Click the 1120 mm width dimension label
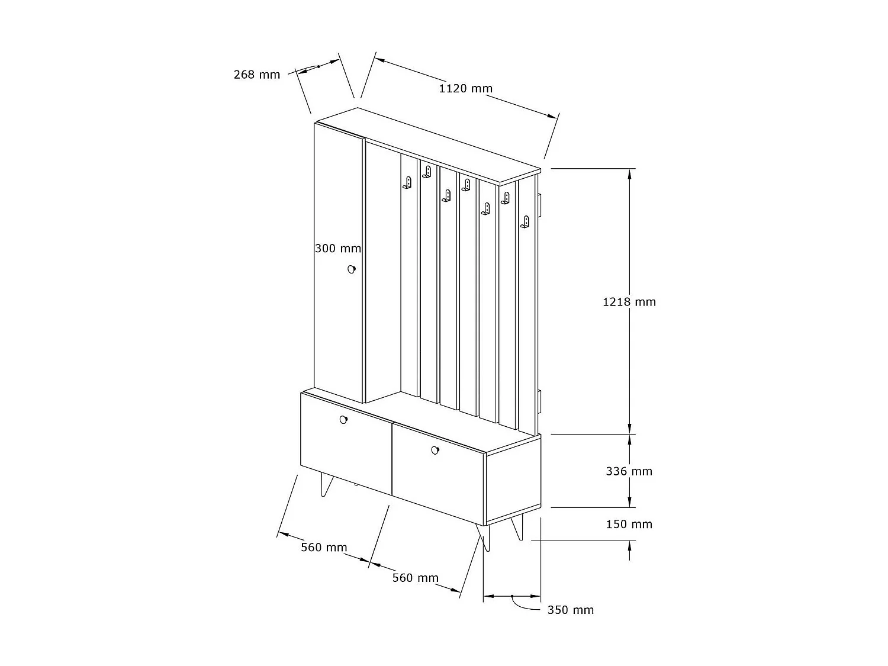[466, 89]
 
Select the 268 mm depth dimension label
[257, 75]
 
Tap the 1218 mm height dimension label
[629, 302]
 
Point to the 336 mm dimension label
[629, 471]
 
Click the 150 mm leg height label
[629, 525]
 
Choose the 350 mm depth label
[571, 610]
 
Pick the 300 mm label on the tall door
[338, 248]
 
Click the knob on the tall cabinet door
[352, 269]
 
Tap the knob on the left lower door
[343, 420]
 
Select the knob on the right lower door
[435, 450]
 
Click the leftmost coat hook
[407, 183]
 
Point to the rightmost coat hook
[525, 222]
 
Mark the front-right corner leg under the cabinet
[484, 538]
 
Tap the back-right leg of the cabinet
[517, 527]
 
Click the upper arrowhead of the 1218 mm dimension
[629, 174]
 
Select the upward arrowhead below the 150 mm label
[629, 545]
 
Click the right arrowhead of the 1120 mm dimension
[552, 116]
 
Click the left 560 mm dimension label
[324, 548]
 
